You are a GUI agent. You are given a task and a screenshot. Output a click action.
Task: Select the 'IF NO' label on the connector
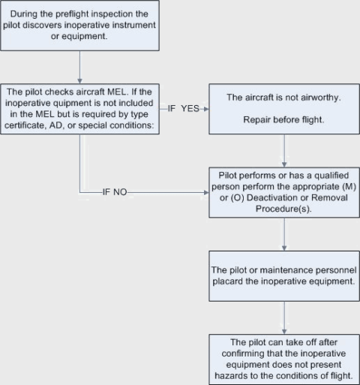tap(115, 192)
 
